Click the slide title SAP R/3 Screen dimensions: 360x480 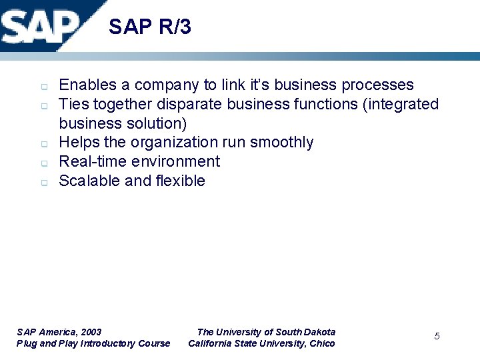[149, 27]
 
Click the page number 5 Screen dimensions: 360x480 [437, 336]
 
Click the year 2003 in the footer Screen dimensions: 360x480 [90, 332]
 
